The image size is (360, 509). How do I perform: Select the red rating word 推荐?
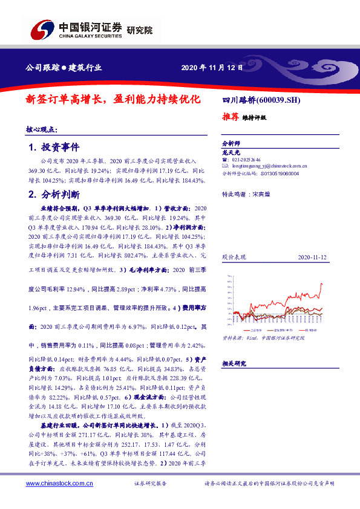[x=229, y=117]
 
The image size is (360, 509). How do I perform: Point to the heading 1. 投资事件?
[x=54, y=148]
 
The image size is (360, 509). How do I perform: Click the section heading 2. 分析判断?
[x=54, y=195]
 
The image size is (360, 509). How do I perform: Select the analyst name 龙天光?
[x=232, y=153]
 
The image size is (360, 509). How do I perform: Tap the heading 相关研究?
[x=234, y=363]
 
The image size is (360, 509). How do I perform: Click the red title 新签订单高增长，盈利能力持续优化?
[x=112, y=100]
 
